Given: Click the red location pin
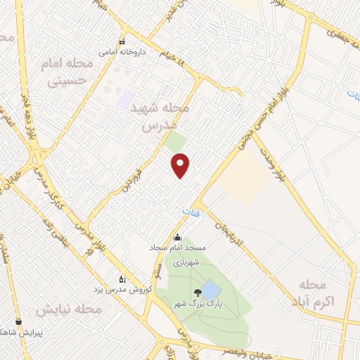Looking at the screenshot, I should coord(181,165).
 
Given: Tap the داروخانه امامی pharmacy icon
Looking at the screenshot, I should coord(122,41).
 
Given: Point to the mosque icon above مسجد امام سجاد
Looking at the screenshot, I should coord(177,237).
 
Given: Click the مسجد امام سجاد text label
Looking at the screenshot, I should coord(176,248).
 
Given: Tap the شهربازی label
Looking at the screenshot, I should coord(188,262).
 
